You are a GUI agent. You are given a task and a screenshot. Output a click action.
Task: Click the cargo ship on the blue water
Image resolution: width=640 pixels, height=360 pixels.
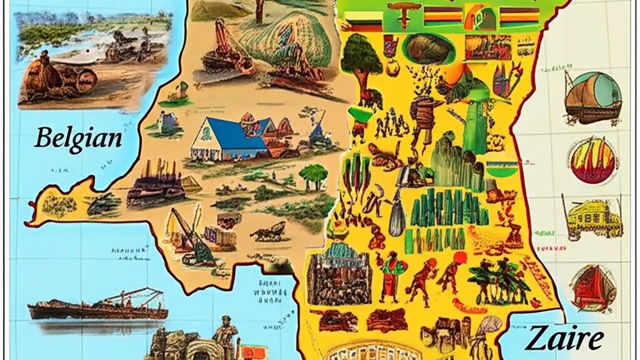[98, 307]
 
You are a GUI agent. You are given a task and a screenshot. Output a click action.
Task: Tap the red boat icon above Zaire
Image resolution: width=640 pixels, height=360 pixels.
[592, 287]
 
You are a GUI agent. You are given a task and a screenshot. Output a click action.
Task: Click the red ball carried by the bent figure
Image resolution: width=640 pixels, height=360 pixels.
[460, 258]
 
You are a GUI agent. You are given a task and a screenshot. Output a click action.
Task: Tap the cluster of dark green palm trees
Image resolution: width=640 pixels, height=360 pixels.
[497, 280]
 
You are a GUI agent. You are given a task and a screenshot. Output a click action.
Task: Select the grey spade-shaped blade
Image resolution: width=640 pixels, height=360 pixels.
[397, 220]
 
